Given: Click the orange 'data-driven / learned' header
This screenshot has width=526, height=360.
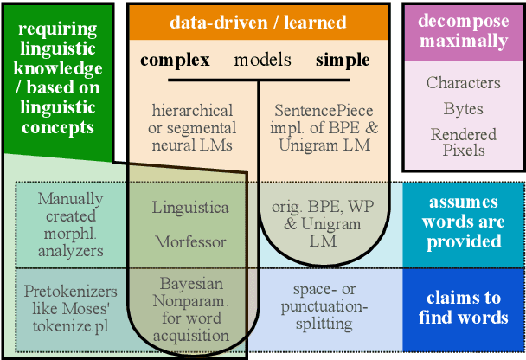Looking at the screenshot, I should pos(257,22).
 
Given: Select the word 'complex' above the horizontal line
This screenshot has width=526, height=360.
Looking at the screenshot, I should pos(175,60).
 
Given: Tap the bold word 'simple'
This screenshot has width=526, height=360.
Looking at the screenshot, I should pos(343,60).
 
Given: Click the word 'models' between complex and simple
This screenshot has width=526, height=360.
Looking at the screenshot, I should pos(262,60).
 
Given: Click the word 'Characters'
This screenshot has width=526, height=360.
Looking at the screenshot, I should pos(463,83).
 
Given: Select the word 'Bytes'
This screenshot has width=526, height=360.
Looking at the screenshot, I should pos(463,110).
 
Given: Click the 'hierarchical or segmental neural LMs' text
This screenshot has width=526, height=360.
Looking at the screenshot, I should pos(192,127).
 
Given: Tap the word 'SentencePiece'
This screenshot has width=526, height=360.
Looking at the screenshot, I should pos(324,111).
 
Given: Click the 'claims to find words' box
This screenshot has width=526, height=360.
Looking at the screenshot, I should pos(463,307).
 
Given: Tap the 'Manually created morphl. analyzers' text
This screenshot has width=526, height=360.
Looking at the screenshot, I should pos(71,225).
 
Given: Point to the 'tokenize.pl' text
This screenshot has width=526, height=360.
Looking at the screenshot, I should pos(71,325).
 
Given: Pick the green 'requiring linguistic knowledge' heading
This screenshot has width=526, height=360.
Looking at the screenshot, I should pos(56,79).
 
